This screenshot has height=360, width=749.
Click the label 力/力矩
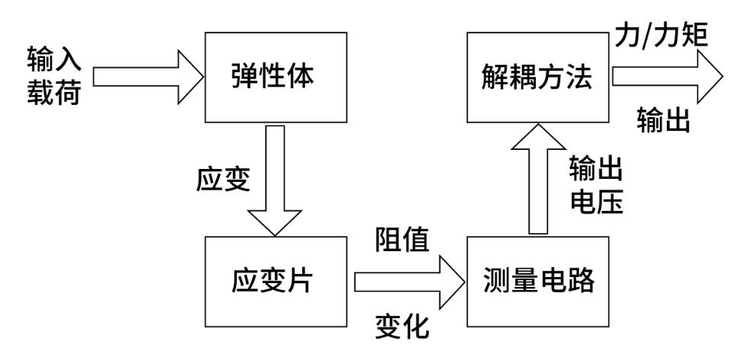pyautogui.click(x=660, y=34)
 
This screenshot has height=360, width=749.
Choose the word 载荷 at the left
pyautogui.click(x=53, y=93)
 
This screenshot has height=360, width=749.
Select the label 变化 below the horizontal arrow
pyautogui.click(x=403, y=327)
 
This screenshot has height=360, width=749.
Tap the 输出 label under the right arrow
pyautogui.click(x=663, y=119)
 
